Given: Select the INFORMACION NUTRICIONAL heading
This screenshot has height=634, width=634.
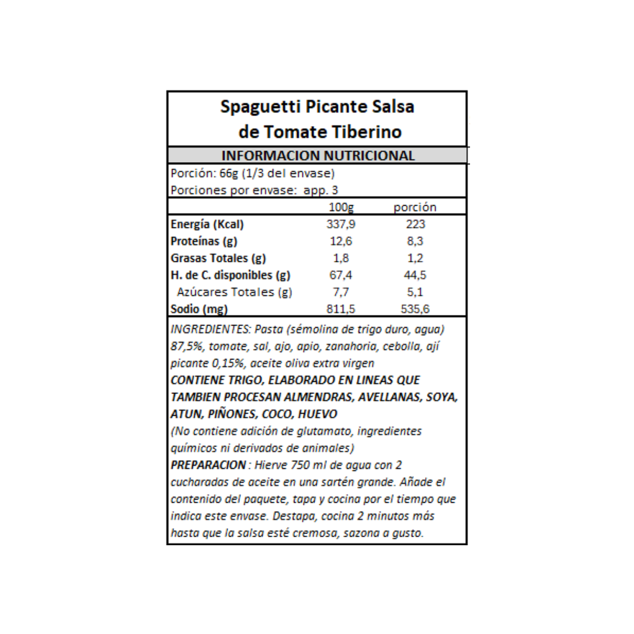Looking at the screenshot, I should pos(318,156).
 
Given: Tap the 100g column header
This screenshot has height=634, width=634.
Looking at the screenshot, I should pos(341,207).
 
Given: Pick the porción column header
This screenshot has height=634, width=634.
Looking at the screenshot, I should pos(415,207).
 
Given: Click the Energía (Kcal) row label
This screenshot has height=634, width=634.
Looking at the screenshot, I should pos(207,224).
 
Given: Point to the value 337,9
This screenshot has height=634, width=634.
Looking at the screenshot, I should pos(341,224).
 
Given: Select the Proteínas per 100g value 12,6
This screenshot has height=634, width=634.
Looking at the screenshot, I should pos(341,241).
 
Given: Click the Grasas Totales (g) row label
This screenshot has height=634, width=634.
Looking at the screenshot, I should pos(218,258).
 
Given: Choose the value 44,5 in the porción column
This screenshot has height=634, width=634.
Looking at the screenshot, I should pos(415,275).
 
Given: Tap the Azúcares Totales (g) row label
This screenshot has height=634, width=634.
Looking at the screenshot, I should pos(235,292).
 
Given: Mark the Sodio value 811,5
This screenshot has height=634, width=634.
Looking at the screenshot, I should pos(341,309).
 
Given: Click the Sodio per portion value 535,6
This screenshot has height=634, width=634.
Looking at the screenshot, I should pos(415,309).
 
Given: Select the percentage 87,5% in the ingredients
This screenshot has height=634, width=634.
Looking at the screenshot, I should pos(186,346).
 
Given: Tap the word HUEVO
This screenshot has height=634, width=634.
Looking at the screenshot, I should pos(317,414).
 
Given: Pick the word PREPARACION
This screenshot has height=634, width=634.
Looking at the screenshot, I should pos(208,465).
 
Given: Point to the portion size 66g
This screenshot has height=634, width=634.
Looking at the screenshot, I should pos(229,173).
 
